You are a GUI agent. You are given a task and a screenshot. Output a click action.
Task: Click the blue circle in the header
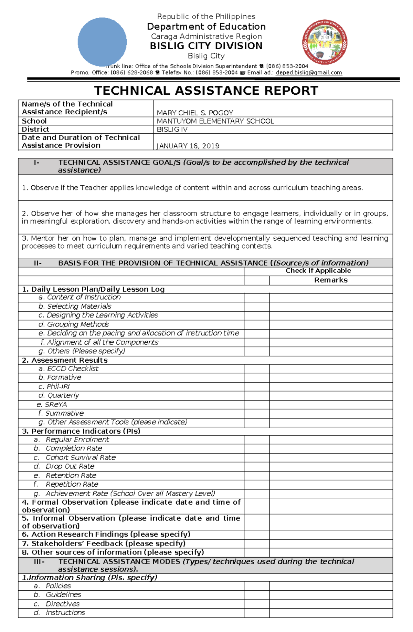(102, 42)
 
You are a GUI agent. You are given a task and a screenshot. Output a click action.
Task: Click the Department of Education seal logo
(325, 42)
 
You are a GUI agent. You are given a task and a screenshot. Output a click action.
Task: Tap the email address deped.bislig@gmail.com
(309, 73)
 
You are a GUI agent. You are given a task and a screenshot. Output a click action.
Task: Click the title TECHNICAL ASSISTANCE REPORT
(206, 91)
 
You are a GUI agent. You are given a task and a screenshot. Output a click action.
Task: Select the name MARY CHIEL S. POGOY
(195, 113)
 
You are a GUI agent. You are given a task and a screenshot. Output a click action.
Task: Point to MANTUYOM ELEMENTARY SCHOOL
(215, 121)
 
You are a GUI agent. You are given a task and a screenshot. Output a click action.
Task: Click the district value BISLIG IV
(172, 129)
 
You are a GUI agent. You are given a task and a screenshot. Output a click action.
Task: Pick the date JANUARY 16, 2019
(188, 146)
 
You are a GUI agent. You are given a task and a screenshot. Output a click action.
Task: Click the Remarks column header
(331, 280)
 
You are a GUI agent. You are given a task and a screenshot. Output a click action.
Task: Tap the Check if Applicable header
(318, 271)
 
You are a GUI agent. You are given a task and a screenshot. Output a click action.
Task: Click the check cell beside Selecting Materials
(257, 307)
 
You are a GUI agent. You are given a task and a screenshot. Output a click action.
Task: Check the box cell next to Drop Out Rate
(257, 466)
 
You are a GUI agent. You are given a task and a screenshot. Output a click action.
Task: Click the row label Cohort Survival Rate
(80, 457)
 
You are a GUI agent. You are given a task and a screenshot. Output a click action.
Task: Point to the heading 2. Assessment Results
(65, 360)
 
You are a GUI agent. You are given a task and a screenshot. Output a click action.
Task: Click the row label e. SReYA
(52, 404)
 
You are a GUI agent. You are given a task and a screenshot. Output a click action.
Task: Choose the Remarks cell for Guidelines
(331, 595)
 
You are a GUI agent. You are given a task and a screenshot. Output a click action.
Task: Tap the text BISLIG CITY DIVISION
(206, 46)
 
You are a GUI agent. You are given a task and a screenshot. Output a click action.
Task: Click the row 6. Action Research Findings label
(106, 534)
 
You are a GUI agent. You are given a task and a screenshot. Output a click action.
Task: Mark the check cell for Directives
(257, 604)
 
